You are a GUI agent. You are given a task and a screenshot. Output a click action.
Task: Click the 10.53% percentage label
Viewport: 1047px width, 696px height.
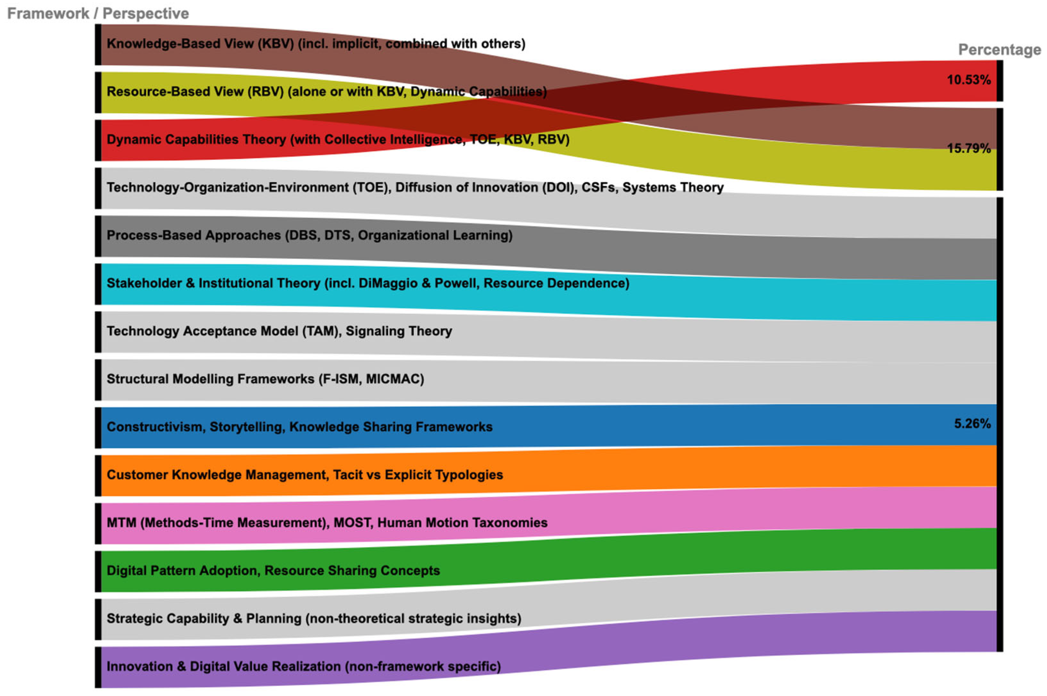point(968,80)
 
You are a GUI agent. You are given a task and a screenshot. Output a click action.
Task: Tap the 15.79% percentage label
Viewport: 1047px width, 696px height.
point(968,148)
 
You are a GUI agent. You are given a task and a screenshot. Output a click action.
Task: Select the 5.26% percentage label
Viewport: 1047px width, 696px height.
point(972,423)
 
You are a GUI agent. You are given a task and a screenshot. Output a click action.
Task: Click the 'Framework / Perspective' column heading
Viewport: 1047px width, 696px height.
point(98,13)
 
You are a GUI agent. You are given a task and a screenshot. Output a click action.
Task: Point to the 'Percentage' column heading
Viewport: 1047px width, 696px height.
point(999,49)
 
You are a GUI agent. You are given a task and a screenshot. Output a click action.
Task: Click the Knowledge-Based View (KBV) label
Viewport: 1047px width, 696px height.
point(316,44)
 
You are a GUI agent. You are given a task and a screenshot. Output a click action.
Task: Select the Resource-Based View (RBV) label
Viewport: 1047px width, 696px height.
point(326,91)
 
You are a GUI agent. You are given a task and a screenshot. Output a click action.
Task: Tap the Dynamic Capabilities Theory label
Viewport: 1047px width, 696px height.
point(338,139)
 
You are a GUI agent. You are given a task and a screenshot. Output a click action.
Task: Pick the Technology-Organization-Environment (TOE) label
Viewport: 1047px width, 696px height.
point(415,187)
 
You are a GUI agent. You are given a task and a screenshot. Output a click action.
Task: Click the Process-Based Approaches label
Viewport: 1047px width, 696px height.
point(309,235)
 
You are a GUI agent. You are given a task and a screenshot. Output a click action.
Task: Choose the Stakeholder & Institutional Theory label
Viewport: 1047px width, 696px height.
point(368,283)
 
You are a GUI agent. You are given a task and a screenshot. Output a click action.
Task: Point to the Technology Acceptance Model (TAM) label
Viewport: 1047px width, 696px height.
point(279,331)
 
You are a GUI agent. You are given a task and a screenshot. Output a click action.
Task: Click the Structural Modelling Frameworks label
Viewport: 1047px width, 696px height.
point(265,379)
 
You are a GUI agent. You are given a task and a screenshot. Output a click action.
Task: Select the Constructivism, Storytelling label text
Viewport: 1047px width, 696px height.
point(299,427)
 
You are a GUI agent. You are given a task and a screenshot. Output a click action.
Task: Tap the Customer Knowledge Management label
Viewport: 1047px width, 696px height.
point(305,475)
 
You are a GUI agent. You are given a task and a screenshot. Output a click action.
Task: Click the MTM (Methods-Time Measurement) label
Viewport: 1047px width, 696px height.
point(327,523)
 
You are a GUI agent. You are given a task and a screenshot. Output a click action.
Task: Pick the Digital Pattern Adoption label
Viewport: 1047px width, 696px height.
point(273,571)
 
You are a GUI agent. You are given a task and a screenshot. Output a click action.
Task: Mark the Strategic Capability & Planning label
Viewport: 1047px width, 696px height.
point(314,619)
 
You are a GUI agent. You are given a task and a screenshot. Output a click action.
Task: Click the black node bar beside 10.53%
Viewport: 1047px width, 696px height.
point(999,81)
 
